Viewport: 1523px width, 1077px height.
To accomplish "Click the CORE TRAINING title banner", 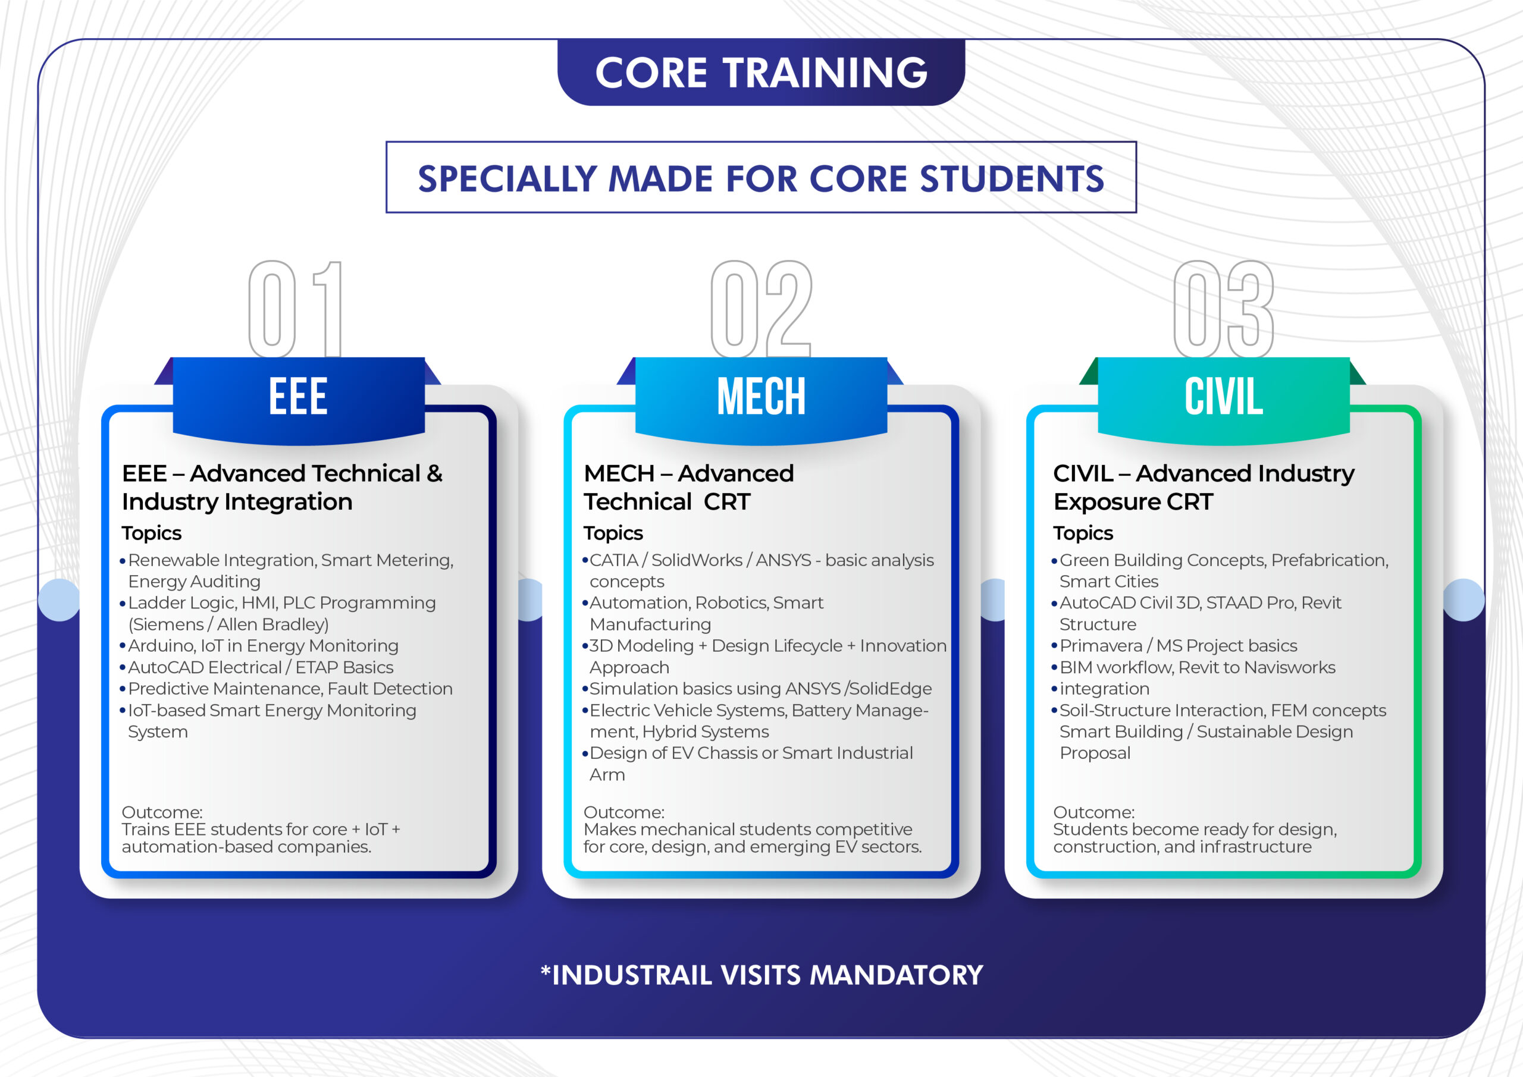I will (761, 73).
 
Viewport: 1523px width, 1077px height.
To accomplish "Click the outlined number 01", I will (295, 309).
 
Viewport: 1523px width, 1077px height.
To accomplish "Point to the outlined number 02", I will (761, 309).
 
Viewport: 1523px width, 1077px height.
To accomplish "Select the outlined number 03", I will (1223, 309).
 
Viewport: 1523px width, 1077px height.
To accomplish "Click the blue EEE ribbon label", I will (298, 397).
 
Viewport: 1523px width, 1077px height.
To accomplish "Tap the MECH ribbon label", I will (761, 397).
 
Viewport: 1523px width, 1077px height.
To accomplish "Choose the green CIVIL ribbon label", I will (1223, 397).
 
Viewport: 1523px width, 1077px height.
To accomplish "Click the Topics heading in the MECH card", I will (613, 533).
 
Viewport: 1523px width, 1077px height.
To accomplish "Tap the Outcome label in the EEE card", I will (162, 812).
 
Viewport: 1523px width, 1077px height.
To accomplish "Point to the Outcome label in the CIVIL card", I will (1093, 812).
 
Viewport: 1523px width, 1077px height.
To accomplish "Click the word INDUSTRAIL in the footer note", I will (631, 975).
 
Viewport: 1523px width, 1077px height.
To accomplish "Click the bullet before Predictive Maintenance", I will (123, 690).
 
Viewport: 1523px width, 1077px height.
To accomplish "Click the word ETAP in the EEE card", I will (316, 668).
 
